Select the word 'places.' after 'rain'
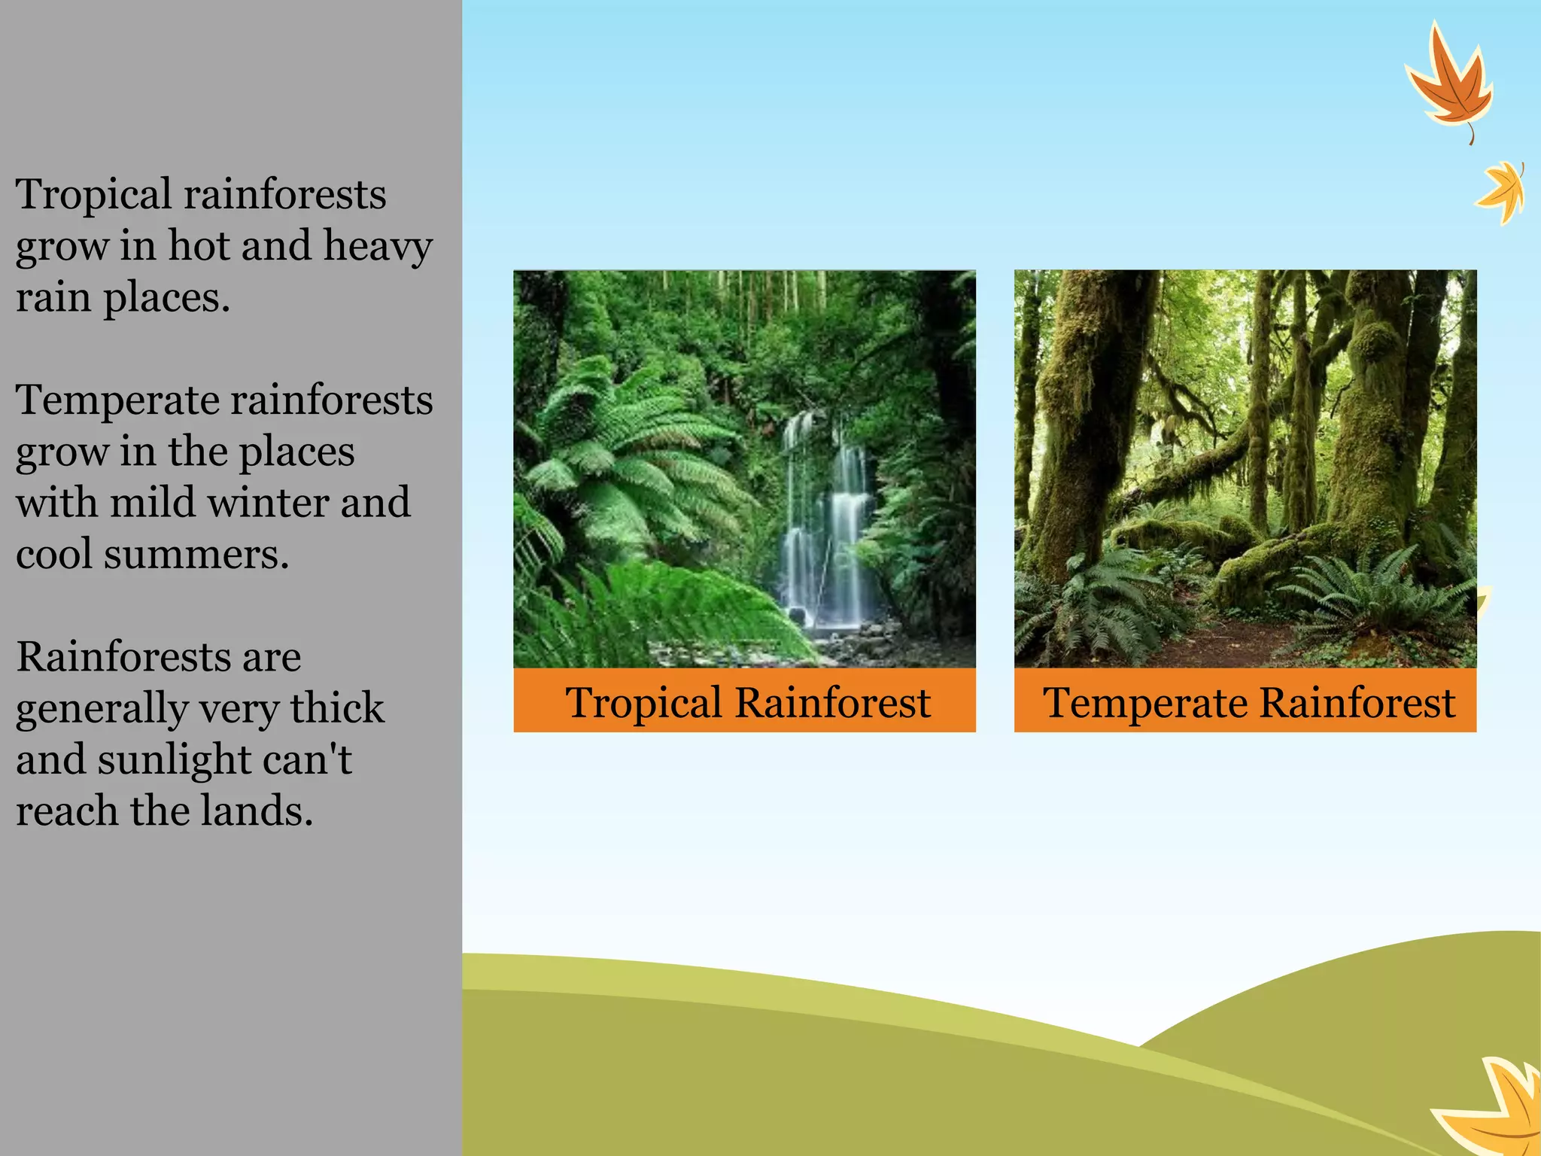click(x=166, y=298)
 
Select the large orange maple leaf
click(x=1449, y=83)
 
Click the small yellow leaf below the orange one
click(x=1502, y=192)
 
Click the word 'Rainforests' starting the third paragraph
click(x=158, y=657)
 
